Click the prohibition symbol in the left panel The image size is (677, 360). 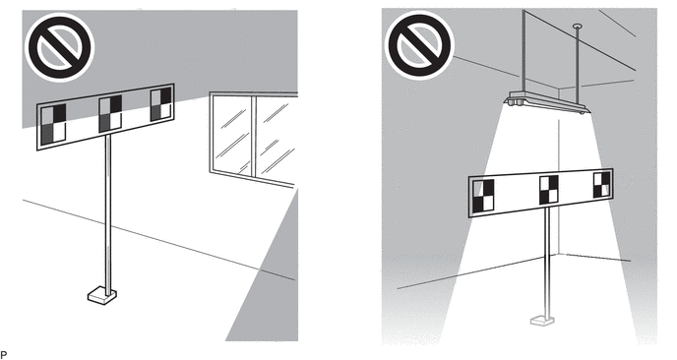(x=60, y=47)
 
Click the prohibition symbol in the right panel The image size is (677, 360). (x=419, y=45)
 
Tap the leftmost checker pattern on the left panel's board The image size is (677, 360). (x=53, y=124)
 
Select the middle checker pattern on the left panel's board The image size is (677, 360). (x=110, y=114)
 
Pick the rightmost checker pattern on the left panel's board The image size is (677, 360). (x=161, y=105)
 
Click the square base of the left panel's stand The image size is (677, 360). (x=102, y=295)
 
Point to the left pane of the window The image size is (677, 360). (x=232, y=134)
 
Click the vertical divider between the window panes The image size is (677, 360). (x=254, y=137)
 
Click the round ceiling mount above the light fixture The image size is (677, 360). (x=578, y=27)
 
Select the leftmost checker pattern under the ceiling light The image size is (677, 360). (x=483, y=197)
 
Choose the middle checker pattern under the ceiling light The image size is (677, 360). (x=549, y=190)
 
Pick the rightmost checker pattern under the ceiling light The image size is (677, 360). (x=602, y=185)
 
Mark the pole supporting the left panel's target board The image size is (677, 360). (x=108, y=214)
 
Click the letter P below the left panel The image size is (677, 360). (x=4, y=355)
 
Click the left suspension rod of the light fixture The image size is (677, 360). (x=524, y=51)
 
